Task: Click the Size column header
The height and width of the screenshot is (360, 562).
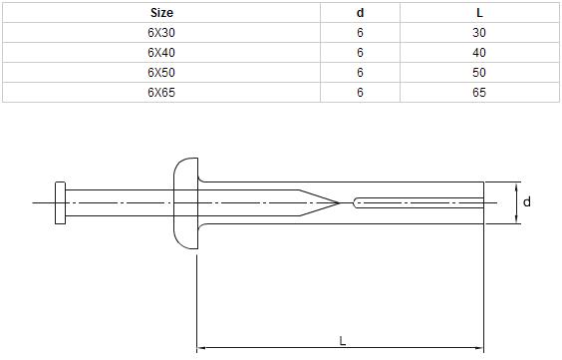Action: (x=161, y=13)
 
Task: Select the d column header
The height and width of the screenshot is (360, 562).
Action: (x=360, y=13)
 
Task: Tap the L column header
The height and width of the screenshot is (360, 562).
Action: (x=479, y=13)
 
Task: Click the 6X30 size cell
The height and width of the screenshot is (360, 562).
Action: (x=161, y=33)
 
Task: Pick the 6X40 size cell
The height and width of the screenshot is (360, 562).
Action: (x=161, y=53)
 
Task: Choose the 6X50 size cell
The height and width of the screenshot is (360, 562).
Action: (x=161, y=73)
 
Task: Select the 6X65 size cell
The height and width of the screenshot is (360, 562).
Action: (x=161, y=93)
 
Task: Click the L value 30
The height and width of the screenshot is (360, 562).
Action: (x=479, y=33)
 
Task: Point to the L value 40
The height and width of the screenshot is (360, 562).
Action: (x=479, y=53)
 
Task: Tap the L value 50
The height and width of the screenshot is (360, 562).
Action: (x=479, y=73)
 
